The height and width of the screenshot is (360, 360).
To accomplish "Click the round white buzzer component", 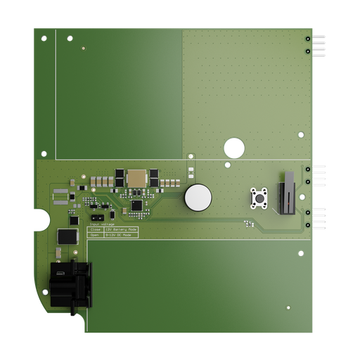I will [x=198, y=198].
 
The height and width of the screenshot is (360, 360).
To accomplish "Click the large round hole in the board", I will [x=233, y=148].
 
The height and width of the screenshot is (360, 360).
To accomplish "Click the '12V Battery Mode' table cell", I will [x=120, y=229].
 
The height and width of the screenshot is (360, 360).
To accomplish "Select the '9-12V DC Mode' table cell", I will [x=120, y=236].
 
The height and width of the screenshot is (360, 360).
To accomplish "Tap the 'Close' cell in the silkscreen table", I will [x=95, y=229].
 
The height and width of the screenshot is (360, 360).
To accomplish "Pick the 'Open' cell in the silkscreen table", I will [x=95, y=236].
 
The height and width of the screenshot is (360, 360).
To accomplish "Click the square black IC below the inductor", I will [x=136, y=206].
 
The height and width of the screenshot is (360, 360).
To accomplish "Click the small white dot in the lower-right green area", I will [x=288, y=307].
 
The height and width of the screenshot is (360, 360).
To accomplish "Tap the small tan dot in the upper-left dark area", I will [x=83, y=49].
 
